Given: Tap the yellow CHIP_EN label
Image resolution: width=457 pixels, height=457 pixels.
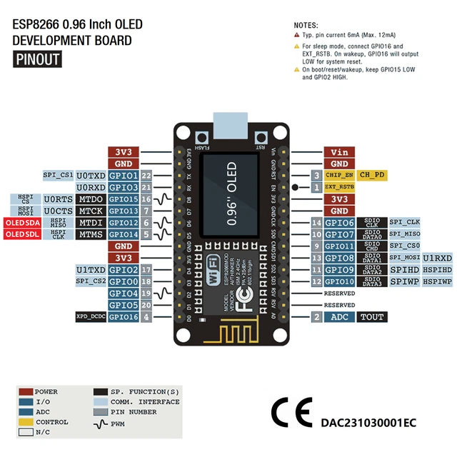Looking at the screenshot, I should click(x=338, y=175).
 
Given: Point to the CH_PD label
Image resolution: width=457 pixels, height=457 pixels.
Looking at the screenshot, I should click(x=371, y=175).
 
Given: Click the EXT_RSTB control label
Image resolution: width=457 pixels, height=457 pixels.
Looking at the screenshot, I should click(x=338, y=187).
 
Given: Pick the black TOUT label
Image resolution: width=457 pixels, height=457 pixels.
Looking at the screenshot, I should click(x=371, y=317).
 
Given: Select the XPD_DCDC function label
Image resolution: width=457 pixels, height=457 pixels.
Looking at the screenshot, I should click(x=91, y=317).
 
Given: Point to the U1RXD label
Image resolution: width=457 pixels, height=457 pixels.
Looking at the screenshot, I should click(x=437, y=258).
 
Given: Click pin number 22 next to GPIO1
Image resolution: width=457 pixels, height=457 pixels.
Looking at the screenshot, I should click(x=146, y=176).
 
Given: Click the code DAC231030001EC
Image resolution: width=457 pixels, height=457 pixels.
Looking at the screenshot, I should click(x=368, y=423).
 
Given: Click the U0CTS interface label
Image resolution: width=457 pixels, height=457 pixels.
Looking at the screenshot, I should click(x=57, y=211).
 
